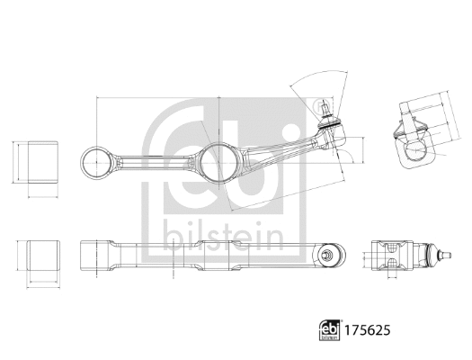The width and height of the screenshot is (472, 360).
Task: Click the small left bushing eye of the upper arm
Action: pyautogui.click(x=94, y=163)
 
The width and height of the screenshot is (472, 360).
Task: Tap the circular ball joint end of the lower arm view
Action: pyautogui.click(x=329, y=256)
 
